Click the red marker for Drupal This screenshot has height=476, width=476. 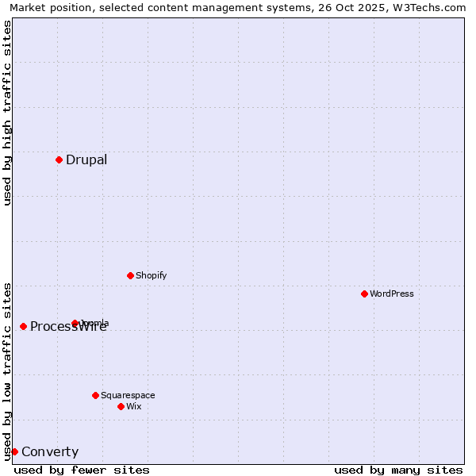click(59, 159)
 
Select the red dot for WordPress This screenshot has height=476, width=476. click(364, 294)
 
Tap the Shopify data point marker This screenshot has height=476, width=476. click(130, 275)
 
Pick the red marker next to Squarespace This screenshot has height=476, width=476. click(95, 395)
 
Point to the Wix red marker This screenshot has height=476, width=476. click(121, 406)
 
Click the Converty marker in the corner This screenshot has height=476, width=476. click(14, 451)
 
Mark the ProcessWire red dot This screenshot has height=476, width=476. click(23, 326)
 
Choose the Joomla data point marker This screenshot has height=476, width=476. click(75, 323)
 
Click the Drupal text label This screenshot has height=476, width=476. click(86, 159)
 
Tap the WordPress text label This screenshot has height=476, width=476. click(392, 294)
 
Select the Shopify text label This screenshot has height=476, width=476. click(152, 275)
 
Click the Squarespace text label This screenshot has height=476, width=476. click(128, 395)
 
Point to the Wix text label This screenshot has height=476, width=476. click(134, 406)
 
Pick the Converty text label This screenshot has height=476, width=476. click(50, 452)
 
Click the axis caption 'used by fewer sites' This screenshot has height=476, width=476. click(82, 470)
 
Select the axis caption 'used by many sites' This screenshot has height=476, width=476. click(398, 470)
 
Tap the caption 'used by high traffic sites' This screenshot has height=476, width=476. click(7, 113)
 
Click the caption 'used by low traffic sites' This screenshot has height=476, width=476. click(7, 371)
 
